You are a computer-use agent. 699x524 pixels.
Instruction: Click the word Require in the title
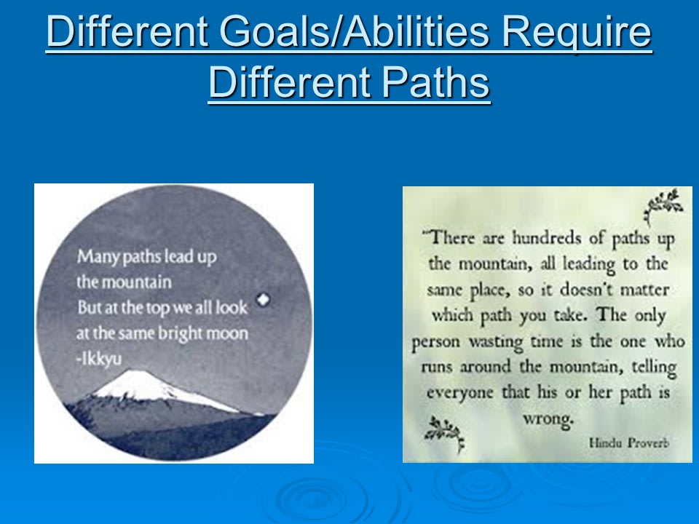(x=577, y=33)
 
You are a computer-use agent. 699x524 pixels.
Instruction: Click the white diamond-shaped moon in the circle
(x=263, y=299)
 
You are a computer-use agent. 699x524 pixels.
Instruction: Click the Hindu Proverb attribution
(x=629, y=443)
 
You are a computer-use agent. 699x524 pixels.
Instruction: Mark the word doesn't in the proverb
(x=587, y=290)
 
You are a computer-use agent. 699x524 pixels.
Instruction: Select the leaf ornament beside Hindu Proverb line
(x=444, y=434)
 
